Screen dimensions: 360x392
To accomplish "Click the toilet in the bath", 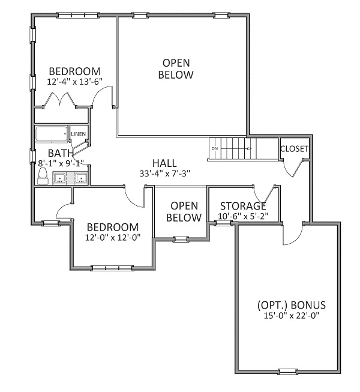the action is pyautogui.click(x=43, y=176).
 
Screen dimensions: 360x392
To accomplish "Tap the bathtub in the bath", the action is pyautogui.click(x=52, y=134).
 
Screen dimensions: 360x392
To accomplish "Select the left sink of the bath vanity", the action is pyautogui.click(x=60, y=178).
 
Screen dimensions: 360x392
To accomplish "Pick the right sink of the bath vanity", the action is pyautogui.click(x=82, y=178).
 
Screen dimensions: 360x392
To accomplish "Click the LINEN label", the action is pyautogui.click(x=79, y=134).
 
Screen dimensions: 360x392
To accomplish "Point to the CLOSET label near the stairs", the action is pyautogui.click(x=294, y=149).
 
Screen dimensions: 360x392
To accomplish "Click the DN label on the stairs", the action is pyautogui.click(x=215, y=148).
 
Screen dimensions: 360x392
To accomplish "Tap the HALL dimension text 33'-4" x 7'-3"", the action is pyautogui.click(x=165, y=173).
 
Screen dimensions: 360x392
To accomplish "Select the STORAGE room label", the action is pyautogui.click(x=243, y=207).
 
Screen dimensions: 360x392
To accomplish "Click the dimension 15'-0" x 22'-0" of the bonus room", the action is pyautogui.click(x=292, y=316).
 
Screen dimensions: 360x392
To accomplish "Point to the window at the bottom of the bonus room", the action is pyautogui.click(x=287, y=372).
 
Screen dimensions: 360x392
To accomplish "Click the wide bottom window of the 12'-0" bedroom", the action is pyautogui.click(x=112, y=268).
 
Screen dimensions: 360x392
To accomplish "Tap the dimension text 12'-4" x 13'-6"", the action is pyautogui.click(x=75, y=82).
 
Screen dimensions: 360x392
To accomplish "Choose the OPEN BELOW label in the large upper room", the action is pyautogui.click(x=176, y=69).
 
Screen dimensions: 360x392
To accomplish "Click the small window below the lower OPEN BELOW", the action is pyautogui.click(x=181, y=239).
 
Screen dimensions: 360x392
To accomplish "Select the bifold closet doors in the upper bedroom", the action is pyautogui.click(x=60, y=100).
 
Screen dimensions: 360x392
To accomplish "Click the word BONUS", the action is pyautogui.click(x=308, y=305).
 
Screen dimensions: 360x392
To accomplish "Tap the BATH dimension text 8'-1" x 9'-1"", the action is pyautogui.click(x=61, y=163).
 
